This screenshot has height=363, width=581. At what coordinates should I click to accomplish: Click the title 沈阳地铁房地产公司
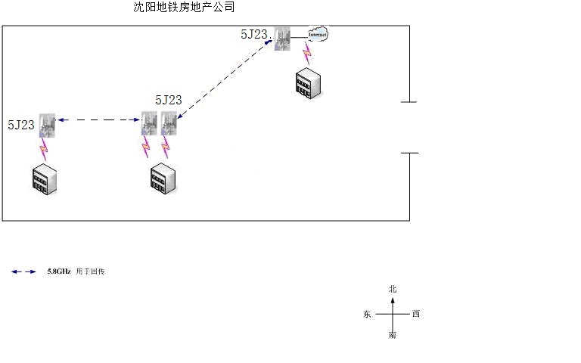[184, 8]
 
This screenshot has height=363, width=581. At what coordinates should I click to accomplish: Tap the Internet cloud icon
[318, 34]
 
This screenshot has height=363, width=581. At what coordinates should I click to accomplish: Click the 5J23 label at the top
[254, 34]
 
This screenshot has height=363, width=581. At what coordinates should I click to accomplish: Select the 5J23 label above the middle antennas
[168, 100]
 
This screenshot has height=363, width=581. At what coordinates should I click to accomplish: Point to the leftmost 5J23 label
[20, 125]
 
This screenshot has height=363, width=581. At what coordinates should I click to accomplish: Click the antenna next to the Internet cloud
[283, 39]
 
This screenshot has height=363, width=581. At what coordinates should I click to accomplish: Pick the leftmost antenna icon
[47, 124]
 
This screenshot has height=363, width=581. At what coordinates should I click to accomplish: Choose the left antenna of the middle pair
[149, 123]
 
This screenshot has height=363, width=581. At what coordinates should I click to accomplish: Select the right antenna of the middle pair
[169, 123]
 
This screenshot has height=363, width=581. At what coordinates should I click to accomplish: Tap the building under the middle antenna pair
[163, 177]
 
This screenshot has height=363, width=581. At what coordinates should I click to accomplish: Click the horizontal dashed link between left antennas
[98, 119]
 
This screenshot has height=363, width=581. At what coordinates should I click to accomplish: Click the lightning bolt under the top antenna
[306, 54]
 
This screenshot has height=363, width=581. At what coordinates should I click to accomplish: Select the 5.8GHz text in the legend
[57, 271]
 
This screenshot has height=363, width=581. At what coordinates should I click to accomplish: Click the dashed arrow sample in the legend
[23, 271]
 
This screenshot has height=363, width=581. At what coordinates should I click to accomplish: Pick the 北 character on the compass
[392, 289]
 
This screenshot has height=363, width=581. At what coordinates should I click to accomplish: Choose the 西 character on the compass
[415, 314]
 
